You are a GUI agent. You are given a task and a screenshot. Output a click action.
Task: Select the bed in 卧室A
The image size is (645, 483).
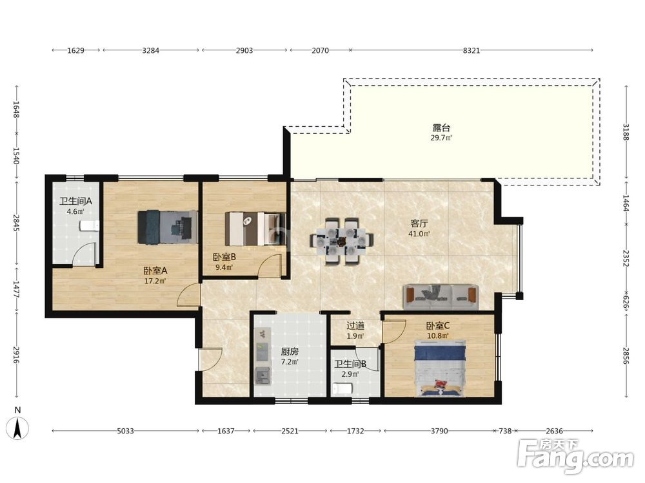pyautogui.click(x=168, y=227)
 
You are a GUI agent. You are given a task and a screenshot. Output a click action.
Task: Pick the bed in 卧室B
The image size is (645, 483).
pyautogui.click(x=255, y=229)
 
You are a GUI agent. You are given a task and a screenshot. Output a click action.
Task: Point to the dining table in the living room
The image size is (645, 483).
pyautogui.click(x=341, y=241)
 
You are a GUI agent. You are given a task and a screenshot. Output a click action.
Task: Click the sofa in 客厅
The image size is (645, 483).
pyautogui.click(x=440, y=296)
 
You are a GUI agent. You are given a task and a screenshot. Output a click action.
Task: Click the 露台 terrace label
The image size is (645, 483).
pyautogui.click(x=441, y=128)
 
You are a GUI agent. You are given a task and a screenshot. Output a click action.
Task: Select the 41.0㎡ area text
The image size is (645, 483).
pyautogui.click(x=419, y=234)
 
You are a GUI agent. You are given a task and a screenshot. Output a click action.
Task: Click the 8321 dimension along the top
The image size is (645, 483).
pyautogui.click(x=471, y=50)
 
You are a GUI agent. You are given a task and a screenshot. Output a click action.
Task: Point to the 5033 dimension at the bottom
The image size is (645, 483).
pyautogui.click(x=126, y=431)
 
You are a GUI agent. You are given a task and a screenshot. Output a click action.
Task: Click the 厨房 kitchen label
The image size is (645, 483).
pyautogui.click(x=290, y=352)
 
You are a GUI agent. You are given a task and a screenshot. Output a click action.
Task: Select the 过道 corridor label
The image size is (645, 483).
pyautogui.click(x=355, y=326)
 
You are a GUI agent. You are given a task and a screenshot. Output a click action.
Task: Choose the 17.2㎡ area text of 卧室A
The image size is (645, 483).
pyautogui.click(x=155, y=281)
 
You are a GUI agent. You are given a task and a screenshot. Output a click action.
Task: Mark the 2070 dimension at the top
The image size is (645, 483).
pyautogui.click(x=320, y=50)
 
